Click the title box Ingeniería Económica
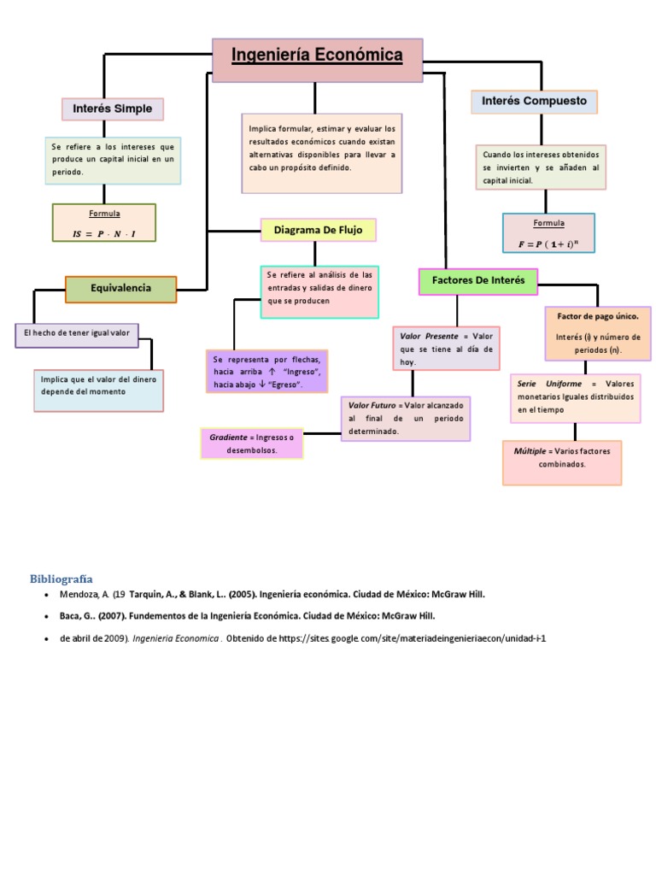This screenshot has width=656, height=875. pos(318,61)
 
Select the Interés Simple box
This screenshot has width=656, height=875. pos(113,109)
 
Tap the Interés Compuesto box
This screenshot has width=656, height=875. pos(535,102)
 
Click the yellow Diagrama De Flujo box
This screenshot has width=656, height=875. pos(318,230)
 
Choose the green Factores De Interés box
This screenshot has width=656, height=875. pos(478,281)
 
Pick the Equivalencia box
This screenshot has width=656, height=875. pos(120,289)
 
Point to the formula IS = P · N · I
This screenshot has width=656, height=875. pos(104,234)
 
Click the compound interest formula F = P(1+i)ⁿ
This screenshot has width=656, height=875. pos(548,244)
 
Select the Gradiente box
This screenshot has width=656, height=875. pos(252,443)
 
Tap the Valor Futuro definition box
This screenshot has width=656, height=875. pos(406,419)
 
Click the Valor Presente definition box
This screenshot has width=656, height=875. pos(446,349)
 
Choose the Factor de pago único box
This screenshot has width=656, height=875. pos(598,333)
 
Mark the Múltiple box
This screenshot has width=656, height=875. pos(562,462)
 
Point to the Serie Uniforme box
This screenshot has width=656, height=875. pos(575,398)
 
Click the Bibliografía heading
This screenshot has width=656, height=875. pos(61,578)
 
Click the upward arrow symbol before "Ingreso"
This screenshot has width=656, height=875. pos(272,372)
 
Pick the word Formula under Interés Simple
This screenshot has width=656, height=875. pos(104,214)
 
